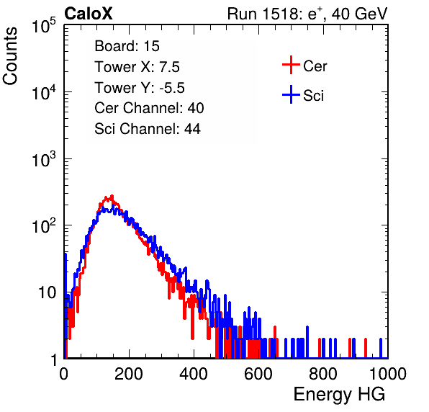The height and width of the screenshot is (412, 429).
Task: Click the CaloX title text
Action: click(x=88, y=14)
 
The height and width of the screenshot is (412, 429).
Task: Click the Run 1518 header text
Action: click(x=307, y=14)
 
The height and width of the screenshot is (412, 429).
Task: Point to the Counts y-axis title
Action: click(x=10, y=56)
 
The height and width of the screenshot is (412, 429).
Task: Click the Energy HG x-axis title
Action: click(x=339, y=395)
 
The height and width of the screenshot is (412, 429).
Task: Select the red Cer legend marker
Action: click(x=291, y=65)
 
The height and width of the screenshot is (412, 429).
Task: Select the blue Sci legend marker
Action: click(x=291, y=95)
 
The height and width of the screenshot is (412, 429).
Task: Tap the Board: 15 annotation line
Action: click(x=127, y=46)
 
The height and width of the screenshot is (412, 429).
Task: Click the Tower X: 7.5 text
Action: click(x=137, y=67)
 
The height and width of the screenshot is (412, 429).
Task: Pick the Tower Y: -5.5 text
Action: click(x=140, y=88)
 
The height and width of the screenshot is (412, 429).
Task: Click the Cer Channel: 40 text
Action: click(x=149, y=108)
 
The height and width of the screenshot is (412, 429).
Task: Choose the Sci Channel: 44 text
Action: click(x=148, y=129)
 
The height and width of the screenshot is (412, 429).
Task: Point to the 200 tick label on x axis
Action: click(x=129, y=374)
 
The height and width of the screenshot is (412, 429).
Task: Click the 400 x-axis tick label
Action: click(x=194, y=374)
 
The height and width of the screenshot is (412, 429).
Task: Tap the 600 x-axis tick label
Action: click(x=258, y=374)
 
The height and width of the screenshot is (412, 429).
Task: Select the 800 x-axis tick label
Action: click(x=323, y=374)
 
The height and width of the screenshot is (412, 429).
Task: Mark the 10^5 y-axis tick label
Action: click(x=44, y=25)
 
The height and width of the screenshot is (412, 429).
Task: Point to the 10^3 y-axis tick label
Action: click(x=44, y=158)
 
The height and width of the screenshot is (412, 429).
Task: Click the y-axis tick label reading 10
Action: click(x=48, y=293)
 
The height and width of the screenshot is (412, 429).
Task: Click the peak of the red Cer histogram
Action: click(x=112, y=196)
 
